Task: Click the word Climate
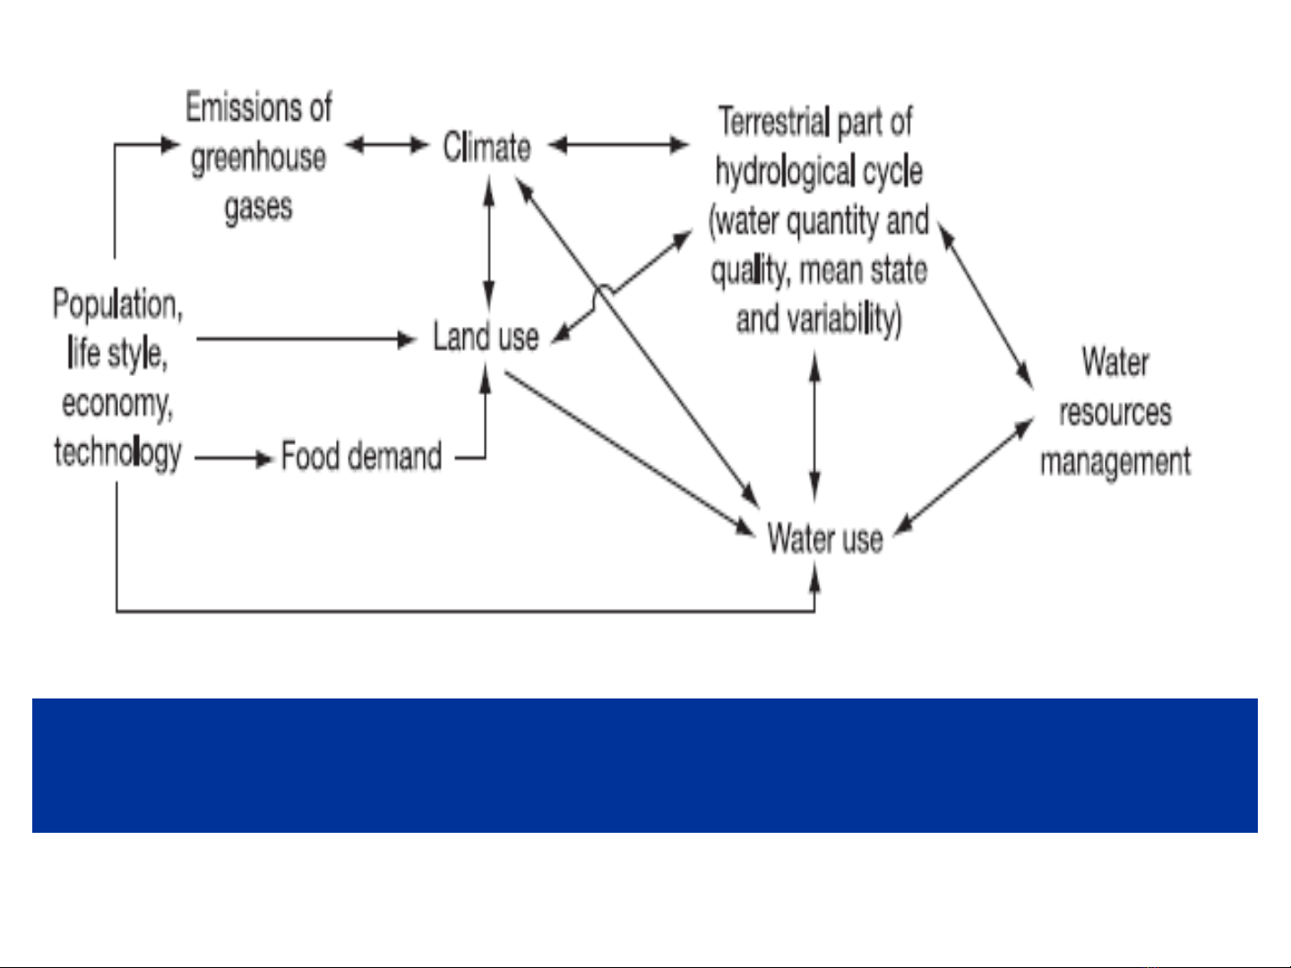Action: pos(486,147)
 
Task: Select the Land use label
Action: pos(486,337)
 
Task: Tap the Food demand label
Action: pos(361,456)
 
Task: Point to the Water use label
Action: pos(825,538)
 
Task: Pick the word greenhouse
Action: pos(258,158)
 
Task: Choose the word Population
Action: pos(117,304)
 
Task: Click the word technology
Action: pos(117,452)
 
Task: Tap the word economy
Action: pos(117,403)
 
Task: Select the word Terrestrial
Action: pos(774,122)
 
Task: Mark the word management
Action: pos(1115,461)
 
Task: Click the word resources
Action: pos(1115,412)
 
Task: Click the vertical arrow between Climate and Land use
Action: pos(488,243)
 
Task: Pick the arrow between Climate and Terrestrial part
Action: pos(619,144)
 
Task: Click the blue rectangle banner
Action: pos(645,766)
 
